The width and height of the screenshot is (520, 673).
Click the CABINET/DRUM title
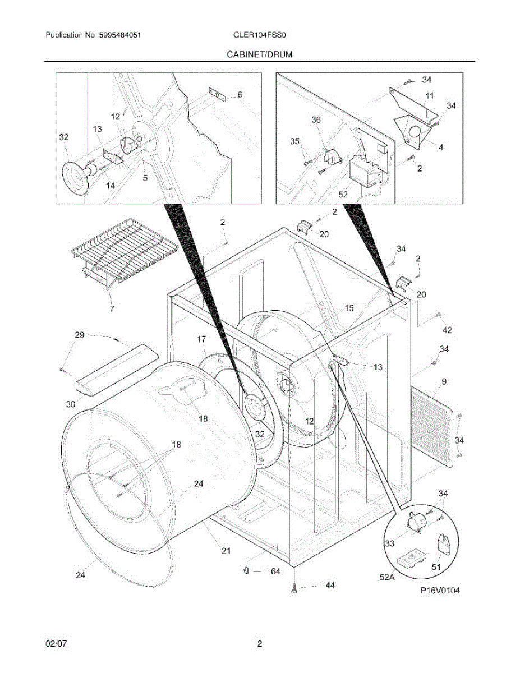click(x=260, y=54)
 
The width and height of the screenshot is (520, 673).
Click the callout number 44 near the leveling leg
click(x=330, y=585)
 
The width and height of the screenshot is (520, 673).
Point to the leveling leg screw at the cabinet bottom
click(x=294, y=587)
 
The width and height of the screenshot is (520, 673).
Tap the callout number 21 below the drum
click(x=226, y=551)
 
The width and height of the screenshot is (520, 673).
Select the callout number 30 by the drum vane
click(x=70, y=404)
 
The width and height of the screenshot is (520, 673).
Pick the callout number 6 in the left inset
click(x=240, y=95)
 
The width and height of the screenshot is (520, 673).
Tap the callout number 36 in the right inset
click(x=316, y=119)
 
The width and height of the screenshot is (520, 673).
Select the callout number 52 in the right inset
click(x=343, y=195)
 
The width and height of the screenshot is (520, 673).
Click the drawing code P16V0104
click(x=440, y=591)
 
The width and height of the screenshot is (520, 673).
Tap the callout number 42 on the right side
click(x=447, y=330)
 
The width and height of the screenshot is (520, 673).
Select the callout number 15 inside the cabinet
click(x=349, y=308)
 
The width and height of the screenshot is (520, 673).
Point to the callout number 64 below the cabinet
click(x=275, y=571)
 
